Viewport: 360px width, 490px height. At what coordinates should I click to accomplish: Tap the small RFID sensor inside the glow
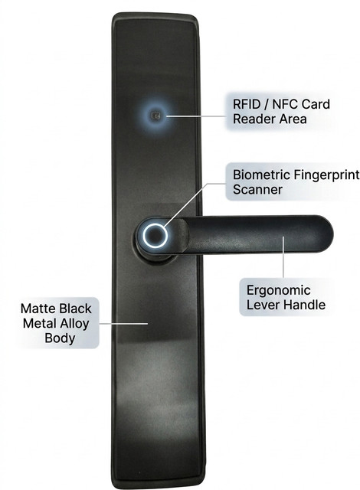(x=155, y=116)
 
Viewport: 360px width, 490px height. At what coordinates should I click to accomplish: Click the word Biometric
(x=261, y=175)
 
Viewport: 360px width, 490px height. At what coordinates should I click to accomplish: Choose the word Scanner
(x=257, y=190)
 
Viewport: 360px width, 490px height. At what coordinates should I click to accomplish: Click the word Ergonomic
(x=279, y=291)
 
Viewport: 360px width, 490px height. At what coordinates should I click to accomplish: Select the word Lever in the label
(x=260, y=305)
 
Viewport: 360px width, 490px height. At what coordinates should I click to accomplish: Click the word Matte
(x=38, y=309)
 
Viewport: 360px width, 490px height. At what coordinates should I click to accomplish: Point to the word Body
(x=60, y=338)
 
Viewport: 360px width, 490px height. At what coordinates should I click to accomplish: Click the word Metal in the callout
(x=39, y=323)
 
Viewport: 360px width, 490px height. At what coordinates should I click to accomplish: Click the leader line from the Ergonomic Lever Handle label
(x=283, y=257)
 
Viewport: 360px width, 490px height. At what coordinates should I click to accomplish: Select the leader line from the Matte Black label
(x=123, y=323)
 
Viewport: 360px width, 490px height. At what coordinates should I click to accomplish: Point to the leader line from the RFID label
(x=196, y=116)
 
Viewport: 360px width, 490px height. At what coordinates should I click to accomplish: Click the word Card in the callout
(x=316, y=104)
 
